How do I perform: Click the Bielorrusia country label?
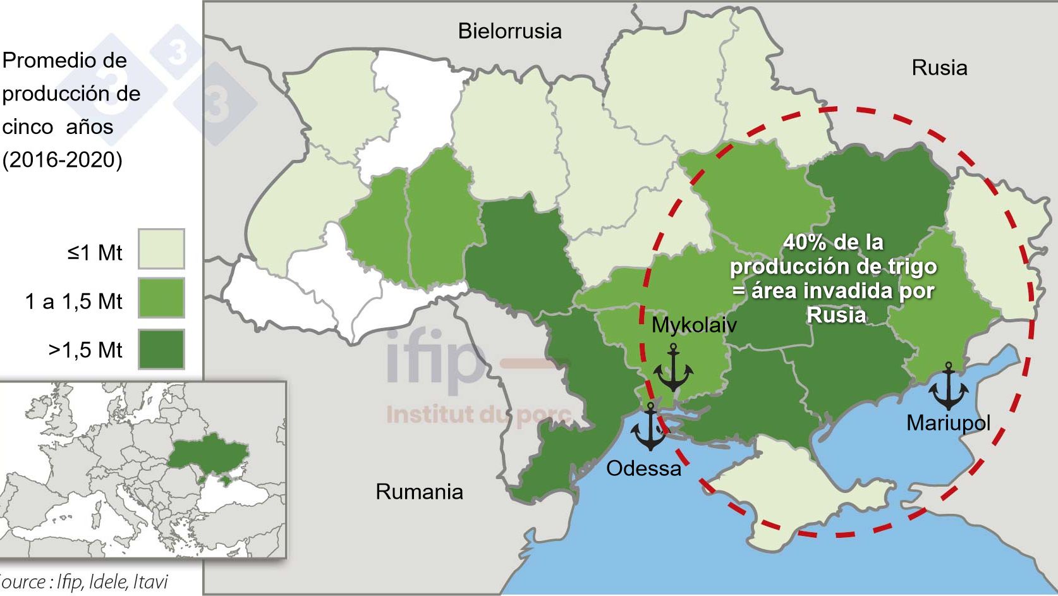tap(509, 31)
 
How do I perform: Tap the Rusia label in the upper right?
tap(939, 68)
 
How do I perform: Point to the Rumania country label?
tap(419, 492)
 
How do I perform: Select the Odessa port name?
tap(643, 468)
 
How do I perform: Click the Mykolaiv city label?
tap(694, 325)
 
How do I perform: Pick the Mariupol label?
tap(948, 423)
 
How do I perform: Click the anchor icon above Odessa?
tap(649, 427)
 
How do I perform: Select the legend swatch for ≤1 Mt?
tap(161, 249)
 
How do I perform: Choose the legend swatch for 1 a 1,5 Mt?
tap(161, 298)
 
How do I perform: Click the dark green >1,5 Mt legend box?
tap(161, 349)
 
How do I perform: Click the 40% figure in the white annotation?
tap(803, 243)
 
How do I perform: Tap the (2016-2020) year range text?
tap(62, 161)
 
